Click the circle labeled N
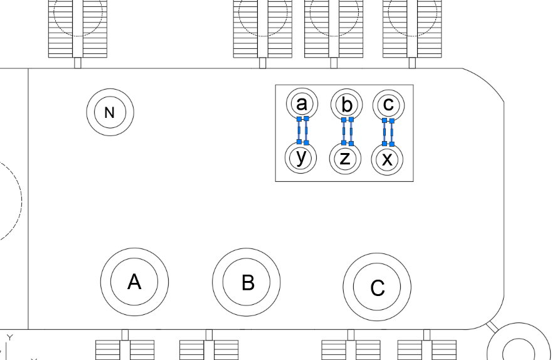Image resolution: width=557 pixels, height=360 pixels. pyautogui.click(x=110, y=112)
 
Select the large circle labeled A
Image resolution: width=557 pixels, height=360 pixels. pyautogui.click(x=134, y=282)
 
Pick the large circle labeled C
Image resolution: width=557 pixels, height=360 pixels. pyautogui.click(x=377, y=287)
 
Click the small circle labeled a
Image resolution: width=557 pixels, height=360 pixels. pyautogui.click(x=302, y=103)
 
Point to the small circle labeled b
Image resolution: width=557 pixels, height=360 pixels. pyautogui.click(x=344, y=105)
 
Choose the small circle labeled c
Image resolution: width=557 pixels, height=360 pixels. pyautogui.click(x=388, y=104)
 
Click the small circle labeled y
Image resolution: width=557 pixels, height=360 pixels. pyautogui.click(x=302, y=157)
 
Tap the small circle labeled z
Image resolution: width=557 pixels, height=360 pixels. pyautogui.click(x=344, y=159)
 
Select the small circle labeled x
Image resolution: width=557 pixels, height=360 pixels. pyautogui.click(x=388, y=159)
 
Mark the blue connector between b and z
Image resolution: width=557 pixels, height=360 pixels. pyautogui.click(x=347, y=130)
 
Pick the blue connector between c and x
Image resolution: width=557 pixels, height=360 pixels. pyautogui.click(x=388, y=132)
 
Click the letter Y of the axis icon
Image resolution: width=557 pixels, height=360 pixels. pyautogui.click(x=9, y=337)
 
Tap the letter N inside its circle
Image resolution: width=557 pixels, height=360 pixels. pyautogui.click(x=110, y=113)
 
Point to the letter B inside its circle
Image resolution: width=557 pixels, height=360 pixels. pyautogui.click(x=248, y=283)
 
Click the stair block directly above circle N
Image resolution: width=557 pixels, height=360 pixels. pyautogui.click(x=78, y=28)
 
